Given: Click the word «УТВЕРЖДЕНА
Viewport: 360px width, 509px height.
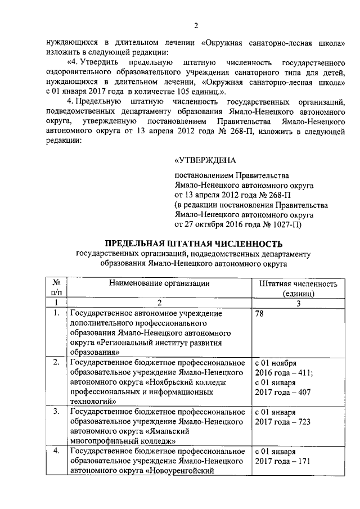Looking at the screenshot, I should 206,161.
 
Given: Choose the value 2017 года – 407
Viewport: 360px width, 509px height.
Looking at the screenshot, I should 282,391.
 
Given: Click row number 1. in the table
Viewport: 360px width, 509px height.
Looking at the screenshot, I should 56,313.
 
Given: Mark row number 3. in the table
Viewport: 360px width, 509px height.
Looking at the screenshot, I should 56,412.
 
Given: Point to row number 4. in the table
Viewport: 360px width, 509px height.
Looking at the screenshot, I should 56,451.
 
